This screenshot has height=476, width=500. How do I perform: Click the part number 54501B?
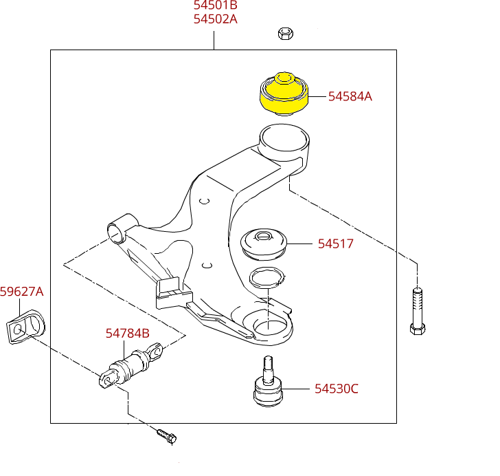pos(215,6)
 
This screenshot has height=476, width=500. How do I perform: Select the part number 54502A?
pos(215,19)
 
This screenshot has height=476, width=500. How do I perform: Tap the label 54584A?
pos(350,97)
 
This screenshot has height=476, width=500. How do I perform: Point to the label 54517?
pos(335,244)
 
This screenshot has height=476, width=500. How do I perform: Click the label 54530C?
pos(337,389)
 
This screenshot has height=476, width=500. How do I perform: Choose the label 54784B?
pos(127,334)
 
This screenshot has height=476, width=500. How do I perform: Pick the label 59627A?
pos(21,292)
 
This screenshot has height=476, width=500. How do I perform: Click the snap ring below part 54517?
pos(266,279)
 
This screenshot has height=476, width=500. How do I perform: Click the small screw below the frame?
pos(167,435)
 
